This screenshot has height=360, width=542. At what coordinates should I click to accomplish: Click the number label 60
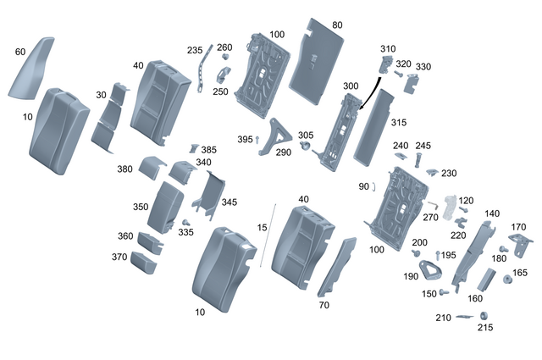point(19,52)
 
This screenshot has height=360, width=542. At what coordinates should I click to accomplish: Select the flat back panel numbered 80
point(315,59)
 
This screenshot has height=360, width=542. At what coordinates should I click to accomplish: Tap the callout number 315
point(398,123)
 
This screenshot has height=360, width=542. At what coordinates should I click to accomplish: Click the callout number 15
point(262,228)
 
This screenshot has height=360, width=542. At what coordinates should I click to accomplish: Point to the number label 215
point(485,328)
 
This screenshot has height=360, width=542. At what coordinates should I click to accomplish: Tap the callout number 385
point(207,150)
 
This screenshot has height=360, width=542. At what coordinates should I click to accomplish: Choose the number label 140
point(491,214)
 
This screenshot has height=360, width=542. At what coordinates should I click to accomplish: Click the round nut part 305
point(304,149)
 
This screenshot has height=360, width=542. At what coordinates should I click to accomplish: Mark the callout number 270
point(430,217)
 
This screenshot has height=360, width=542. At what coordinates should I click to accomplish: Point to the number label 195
point(448,255)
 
